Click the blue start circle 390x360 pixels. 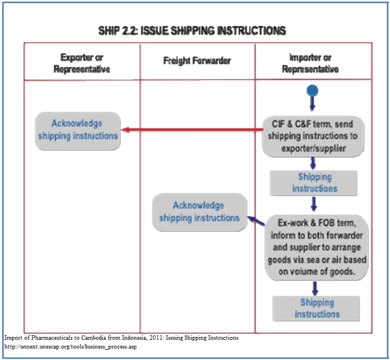click(x=313, y=91)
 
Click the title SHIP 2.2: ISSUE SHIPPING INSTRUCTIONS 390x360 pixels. click(x=192, y=30)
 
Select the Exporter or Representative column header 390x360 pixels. click(x=82, y=63)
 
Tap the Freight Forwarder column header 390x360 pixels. click(x=197, y=60)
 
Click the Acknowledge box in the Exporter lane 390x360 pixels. click(x=77, y=130)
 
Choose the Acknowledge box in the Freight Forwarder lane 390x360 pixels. click(x=199, y=212)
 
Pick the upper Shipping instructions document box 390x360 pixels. click(x=314, y=182)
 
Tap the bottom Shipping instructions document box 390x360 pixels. click(x=317, y=308)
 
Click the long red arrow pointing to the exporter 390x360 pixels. click(x=192, y=130)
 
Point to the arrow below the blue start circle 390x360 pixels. click(x=313, y=104)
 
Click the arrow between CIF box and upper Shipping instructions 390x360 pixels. click(x=313, y=163)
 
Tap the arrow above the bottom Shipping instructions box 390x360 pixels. click(x=315, y=288)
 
